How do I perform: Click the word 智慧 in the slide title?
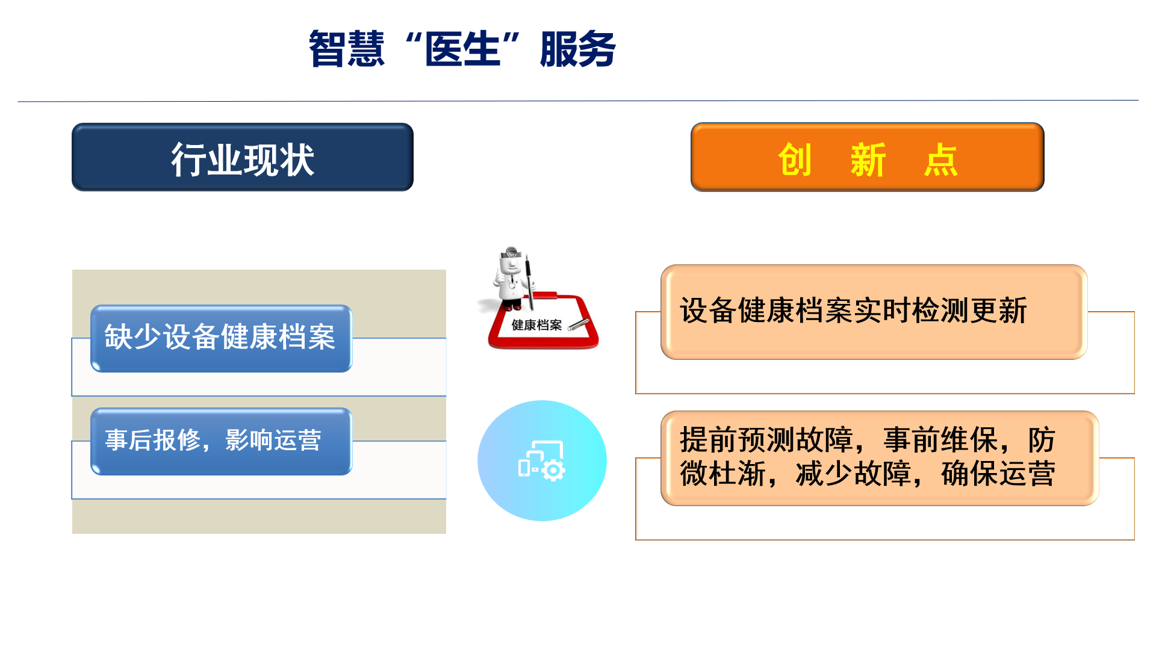(x=346, y=49)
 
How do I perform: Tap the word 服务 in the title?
(x=578, y=49)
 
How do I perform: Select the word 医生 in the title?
(x=462, y=49)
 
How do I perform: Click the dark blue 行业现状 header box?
(x=243, y=157)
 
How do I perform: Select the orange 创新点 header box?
(x=868, y=157)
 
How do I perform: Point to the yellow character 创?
(x=795, y=160)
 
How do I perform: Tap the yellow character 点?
(x=941, y=160)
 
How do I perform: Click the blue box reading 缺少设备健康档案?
(x=221, y=338)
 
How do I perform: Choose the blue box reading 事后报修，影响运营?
(x=221, y=441)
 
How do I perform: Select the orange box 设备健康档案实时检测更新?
(x=874, y=312)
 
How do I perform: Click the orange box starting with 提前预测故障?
(x=880, y=458)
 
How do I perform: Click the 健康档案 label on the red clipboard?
(x=536, y=325)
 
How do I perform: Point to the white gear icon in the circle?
(x=553, y=470)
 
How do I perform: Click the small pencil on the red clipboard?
(x=579, y=325)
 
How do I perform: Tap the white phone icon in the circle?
(x=524, y=468)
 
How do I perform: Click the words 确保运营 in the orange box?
(x=998, y=474)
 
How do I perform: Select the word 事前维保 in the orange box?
(x=940, y=440)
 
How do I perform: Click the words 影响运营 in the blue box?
(x=273, y=440)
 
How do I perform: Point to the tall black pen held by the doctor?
(x=529, y=282)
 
